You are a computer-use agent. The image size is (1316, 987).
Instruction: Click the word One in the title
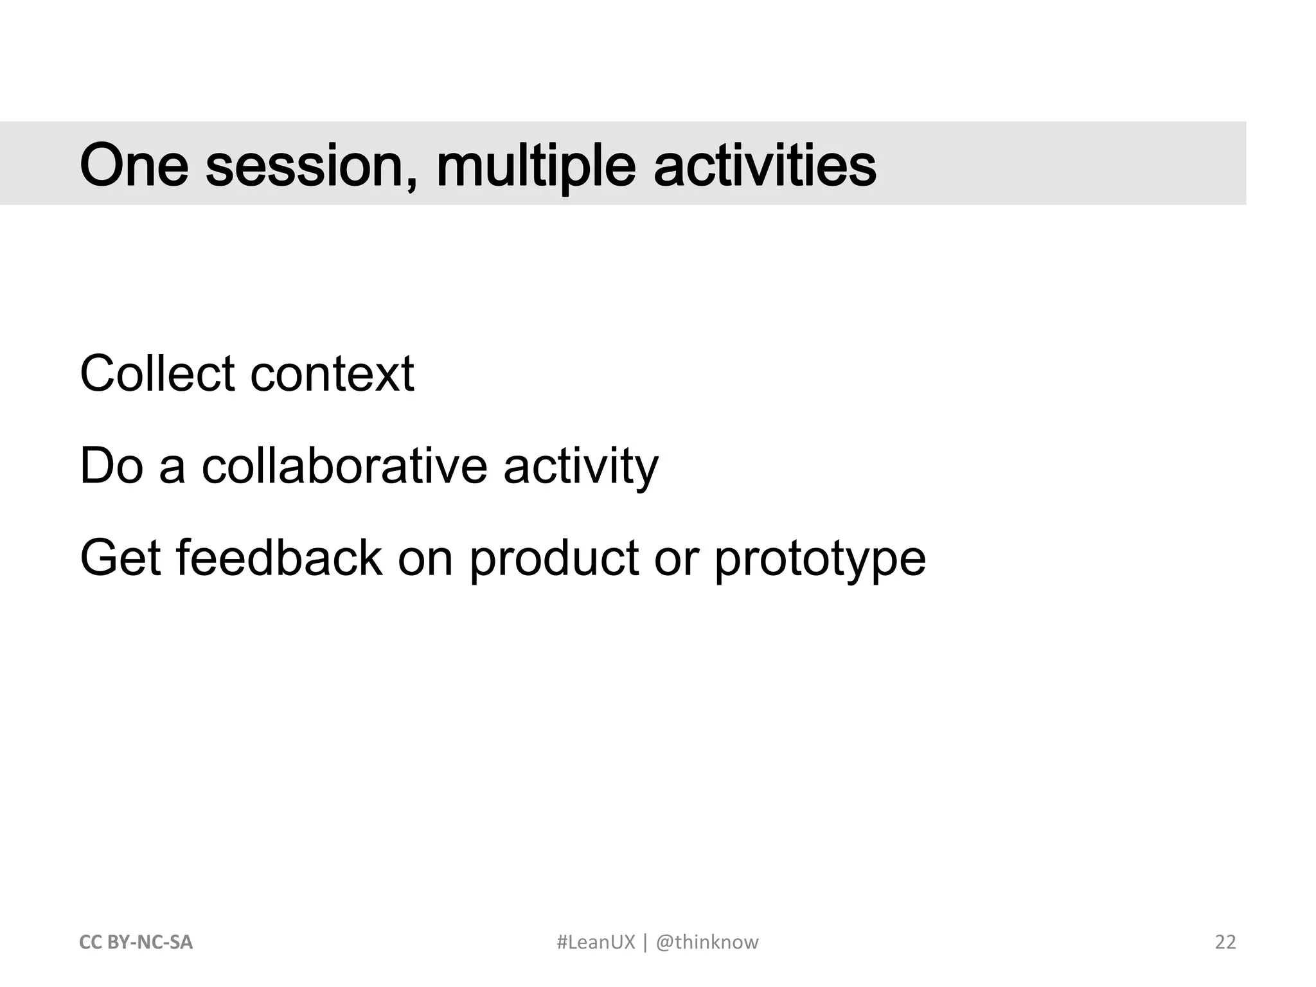click(x=134, y=165)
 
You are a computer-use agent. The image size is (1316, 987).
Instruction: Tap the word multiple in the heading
click(x=535, y=165)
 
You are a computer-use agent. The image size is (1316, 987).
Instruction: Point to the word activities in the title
click(x=764, y=165)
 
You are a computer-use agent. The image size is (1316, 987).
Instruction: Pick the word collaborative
click(x=344, y=465)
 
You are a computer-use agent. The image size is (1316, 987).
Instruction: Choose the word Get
click(x=120, y=558)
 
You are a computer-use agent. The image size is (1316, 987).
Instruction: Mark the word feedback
click(x=279, y=558)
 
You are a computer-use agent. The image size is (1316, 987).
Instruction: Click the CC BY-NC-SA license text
click(x=136, y=942)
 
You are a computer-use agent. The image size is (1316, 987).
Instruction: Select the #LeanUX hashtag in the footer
click(x=595, y=942)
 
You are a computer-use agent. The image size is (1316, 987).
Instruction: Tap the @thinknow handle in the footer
click(x=707, y=942)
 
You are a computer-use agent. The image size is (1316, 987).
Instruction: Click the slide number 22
click(x=1225, y=942)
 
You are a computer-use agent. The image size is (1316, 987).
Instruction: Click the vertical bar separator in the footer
click(x=645, y=942)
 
